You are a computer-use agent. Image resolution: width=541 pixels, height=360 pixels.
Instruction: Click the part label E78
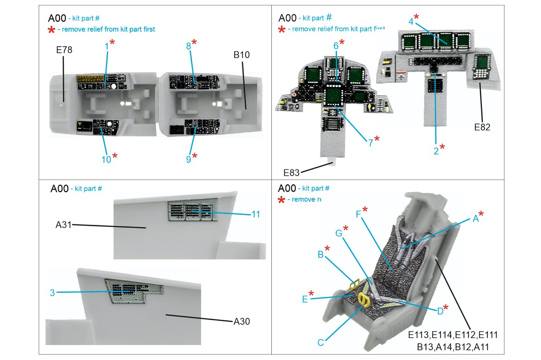coord(64,50)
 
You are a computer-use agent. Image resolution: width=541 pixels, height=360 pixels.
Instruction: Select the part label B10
coord(242,55)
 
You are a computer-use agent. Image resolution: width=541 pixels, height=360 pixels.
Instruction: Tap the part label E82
coord(482,127)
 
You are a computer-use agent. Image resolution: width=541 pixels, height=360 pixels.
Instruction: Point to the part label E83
coord(292,172)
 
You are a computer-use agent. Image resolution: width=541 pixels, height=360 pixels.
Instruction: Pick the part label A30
coord(242,321)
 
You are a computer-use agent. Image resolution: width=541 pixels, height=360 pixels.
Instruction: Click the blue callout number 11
coord(256,214)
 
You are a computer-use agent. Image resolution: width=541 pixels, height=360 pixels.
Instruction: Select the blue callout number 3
coord(53,293)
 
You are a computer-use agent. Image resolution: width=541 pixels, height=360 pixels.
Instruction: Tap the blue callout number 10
coord(106,159)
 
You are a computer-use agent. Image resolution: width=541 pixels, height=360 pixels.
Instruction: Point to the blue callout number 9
coord(188,160)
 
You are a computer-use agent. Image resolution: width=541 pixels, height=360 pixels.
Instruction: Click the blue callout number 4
coord(411,21)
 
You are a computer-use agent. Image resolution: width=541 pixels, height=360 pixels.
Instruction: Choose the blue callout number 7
coord(370,142)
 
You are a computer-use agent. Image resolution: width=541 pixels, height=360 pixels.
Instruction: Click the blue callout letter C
coord(321,342)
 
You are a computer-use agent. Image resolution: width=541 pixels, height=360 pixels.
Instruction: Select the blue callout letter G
coord(338,233)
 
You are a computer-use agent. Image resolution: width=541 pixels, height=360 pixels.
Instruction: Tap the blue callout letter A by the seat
coord(475,219)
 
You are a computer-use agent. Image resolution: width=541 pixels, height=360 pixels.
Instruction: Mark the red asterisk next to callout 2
coord(443,147)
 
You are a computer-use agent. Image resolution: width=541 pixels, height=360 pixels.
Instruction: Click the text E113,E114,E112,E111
coord(453,336)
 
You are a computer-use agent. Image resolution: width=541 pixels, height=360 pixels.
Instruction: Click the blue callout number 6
coord(336,46)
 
